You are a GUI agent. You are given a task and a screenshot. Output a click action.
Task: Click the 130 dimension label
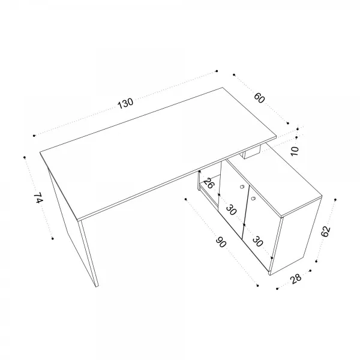tap(125, 103)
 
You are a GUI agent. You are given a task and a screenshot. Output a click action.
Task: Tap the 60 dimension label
tap(259, 98)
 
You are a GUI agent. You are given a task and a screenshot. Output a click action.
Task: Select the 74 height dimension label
tap(38, 197)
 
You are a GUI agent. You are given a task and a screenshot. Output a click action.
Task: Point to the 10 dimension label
tap(295, 151)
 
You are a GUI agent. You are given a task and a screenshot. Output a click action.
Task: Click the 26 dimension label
tap(209, 183)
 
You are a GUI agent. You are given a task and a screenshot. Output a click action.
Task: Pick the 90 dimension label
tap(221, 242)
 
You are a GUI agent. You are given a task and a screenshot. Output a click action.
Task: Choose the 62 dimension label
tap(326, 232)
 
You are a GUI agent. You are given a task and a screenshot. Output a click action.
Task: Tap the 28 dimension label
tap(296, 279)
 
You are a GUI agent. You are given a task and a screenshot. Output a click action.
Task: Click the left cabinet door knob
tap(242, 187)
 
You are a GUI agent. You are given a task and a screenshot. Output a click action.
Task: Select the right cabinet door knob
tap(253, 198)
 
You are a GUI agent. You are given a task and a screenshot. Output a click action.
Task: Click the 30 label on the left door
tap(231, 210)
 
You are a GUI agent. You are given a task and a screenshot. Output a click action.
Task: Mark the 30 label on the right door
tap(257, 242)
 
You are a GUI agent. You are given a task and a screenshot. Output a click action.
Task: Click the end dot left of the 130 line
tap(34, 136)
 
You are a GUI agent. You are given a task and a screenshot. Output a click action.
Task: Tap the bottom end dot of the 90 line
tap(257, 286)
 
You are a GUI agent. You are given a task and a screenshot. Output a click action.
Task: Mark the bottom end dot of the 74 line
tap(53, 239)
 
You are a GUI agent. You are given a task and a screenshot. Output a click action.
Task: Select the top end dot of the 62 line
tap(335, 200)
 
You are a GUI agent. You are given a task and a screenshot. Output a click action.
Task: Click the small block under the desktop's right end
tap(252, 152)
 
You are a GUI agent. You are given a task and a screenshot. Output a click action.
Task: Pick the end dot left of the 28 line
tap(277, 289)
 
